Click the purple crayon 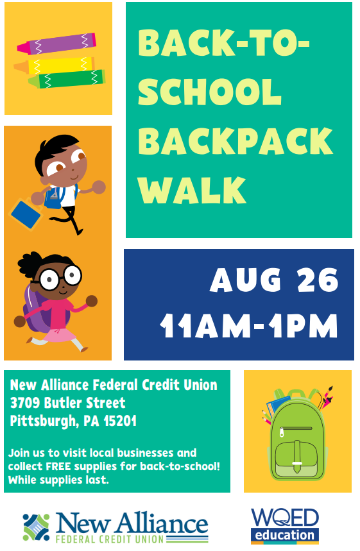coord(56,44)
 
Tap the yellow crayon coord(55,65)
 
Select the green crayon coord(67,79)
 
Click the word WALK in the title coord(192,190)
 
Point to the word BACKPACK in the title coord(236,140)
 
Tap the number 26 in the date coord(318,280)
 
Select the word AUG coord(245,280)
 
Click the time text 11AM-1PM coord(249,326)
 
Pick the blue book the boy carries coord(26,214)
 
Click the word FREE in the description coord(58,466)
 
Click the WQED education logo coord(285,526)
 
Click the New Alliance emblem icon coord(36,527)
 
